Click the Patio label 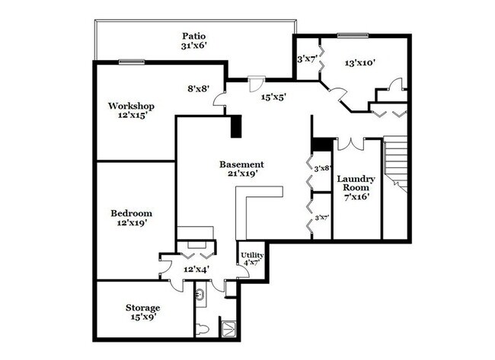pyautogui.click(x=194, y=36)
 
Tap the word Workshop pyautogui.click(x=132, y=106)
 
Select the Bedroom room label pyautogui.click(x=132, y=213)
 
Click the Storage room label pyautogui.click(x=142, y=307)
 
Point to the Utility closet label pyautogui.click(x=252, y=255)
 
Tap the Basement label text pyautogui.click(x=241, y=164)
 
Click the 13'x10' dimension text pyautogui.click(x=360, y=63)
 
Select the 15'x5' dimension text pyautogui.click(x=273, y=97)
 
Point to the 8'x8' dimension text pyautogui.click(x=200, y=88)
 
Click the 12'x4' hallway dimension pyautogui.click(x=196, y=269)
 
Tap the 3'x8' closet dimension pyautogui.click(x=321, y=167)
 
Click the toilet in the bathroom pyautogui.click(x=201, y=328)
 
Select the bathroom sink pyautogui.click(x=200, y=292)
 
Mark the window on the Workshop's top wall pyautogui.click(x=131, y=62)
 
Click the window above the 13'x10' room pyautogui.click(x=353, y=35)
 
